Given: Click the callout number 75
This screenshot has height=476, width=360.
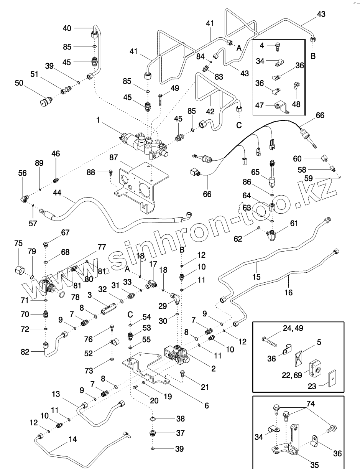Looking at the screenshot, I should pos(18,244).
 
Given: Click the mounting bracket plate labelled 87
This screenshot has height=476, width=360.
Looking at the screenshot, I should pos(142,180).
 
